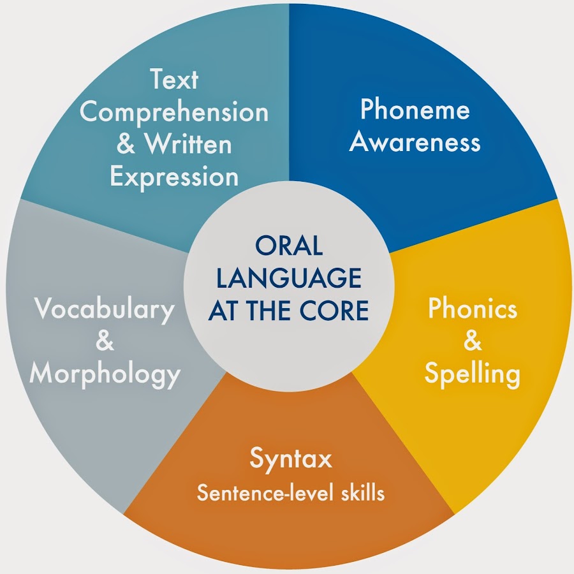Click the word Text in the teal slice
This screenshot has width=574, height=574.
[174, 78]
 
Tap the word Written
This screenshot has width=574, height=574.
[189, 143]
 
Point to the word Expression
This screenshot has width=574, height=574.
[174, 177]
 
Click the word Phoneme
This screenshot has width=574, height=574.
[415, 108]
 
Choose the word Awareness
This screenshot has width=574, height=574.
[415, 142]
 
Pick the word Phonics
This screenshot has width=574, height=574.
[473, 308]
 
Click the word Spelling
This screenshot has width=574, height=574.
[472, 374]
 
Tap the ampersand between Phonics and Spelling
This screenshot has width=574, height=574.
[473, 340]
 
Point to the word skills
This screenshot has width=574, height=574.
[363, 493]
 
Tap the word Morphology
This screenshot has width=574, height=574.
[105, 375]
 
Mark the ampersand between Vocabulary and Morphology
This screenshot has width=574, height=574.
[105, 340]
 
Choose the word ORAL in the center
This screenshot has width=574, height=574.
[289, 246]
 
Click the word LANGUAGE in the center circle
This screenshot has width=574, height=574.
[289, 277]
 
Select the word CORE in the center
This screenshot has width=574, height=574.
[334, 310]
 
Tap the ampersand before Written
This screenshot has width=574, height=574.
[126, 143]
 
